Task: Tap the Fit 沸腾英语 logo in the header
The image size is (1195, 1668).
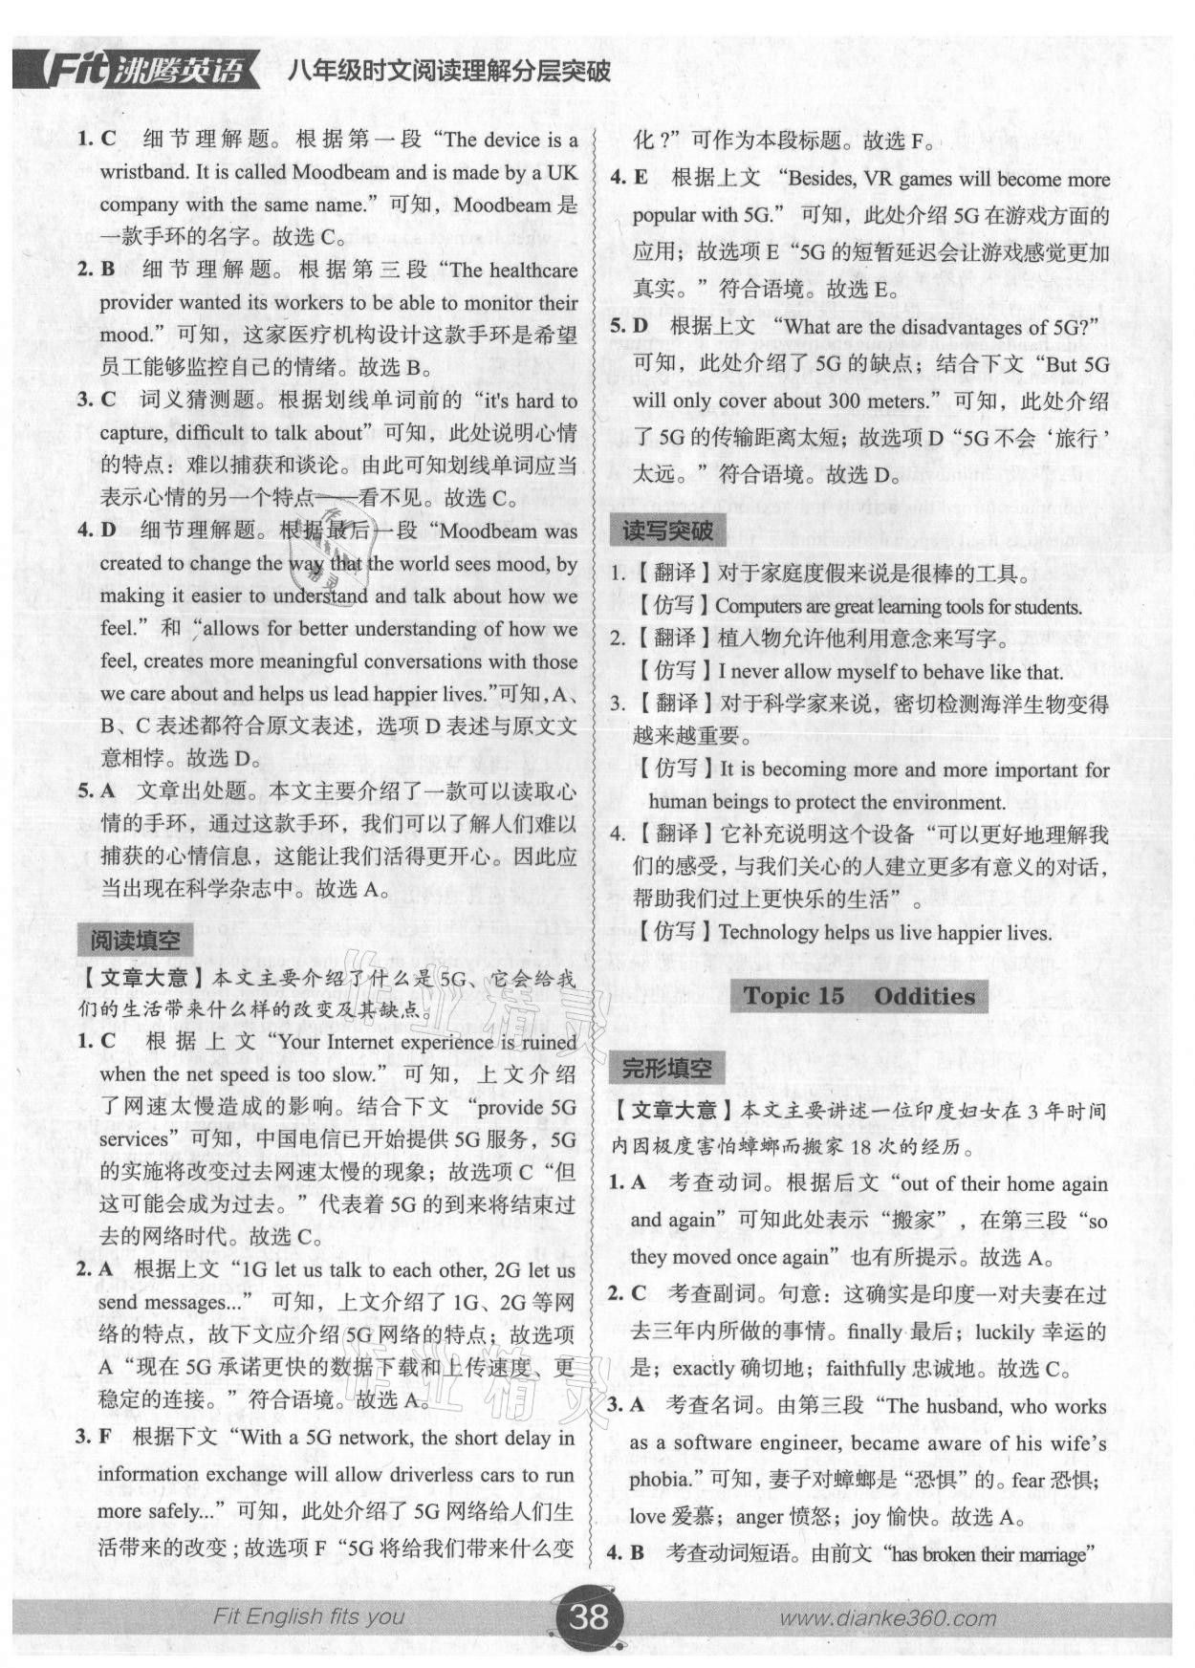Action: tap(138, 71)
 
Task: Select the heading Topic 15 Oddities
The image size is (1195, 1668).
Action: tap(858, 996)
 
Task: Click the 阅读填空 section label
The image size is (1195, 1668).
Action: tap(134, 941)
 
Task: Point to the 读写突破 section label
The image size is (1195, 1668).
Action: tap(666, 531)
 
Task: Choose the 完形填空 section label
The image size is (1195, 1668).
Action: tap(666, 1069)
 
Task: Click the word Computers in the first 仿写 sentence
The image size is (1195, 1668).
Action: tap(760, 607)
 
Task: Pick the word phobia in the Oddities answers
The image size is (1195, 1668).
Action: tap(659, 1480)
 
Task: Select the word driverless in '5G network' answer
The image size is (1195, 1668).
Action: tap(426, 1475)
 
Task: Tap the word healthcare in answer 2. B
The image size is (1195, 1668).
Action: tap(533, 271)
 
